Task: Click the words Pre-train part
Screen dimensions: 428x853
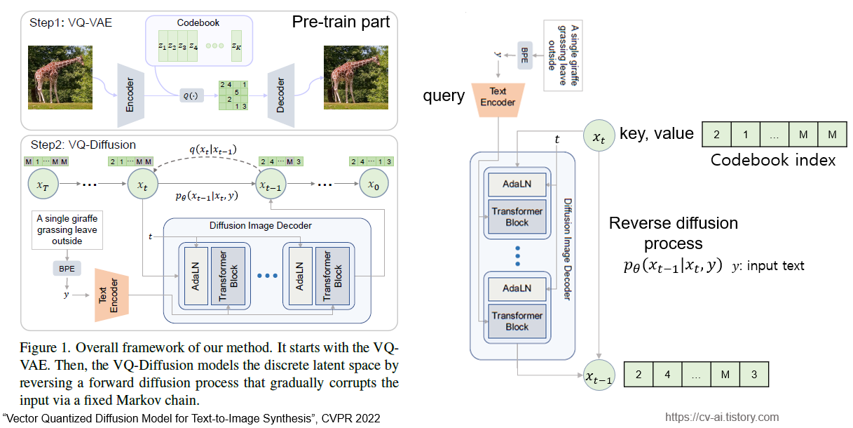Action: click(340, 22)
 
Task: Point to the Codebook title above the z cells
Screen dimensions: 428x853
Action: click(198, 22)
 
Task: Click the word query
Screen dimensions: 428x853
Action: click(443, 96)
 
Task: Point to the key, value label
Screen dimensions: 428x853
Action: click(656, 134)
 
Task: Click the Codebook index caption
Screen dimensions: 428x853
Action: click(772, 160)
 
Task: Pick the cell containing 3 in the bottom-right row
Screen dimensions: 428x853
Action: click(753, 375)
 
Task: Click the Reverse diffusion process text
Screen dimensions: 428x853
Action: click(673, 233)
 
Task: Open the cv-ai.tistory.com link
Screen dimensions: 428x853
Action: click(722, 417)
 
